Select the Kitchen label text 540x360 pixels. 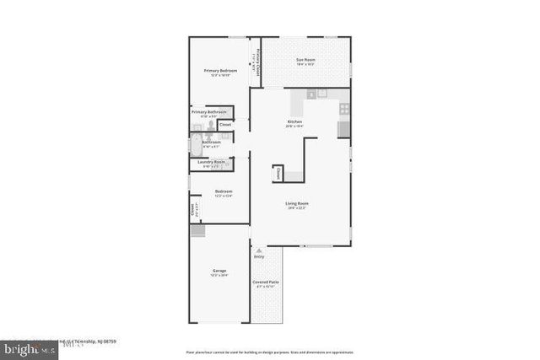coord(294,121)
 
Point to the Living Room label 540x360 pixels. coord(296,203)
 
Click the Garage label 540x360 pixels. coord(219,271)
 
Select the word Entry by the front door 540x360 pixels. coord(258,256)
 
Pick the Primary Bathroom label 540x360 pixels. coord(208,111)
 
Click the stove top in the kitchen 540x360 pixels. coord(344,109)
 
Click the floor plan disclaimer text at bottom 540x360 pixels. coord(269,351)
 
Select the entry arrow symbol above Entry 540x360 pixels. coord(258,250)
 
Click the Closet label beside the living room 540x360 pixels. coord(278,174)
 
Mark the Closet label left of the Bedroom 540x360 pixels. coord(193,209)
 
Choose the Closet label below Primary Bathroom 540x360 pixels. coord(225,125)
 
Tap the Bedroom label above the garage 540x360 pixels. coord(223,191)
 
